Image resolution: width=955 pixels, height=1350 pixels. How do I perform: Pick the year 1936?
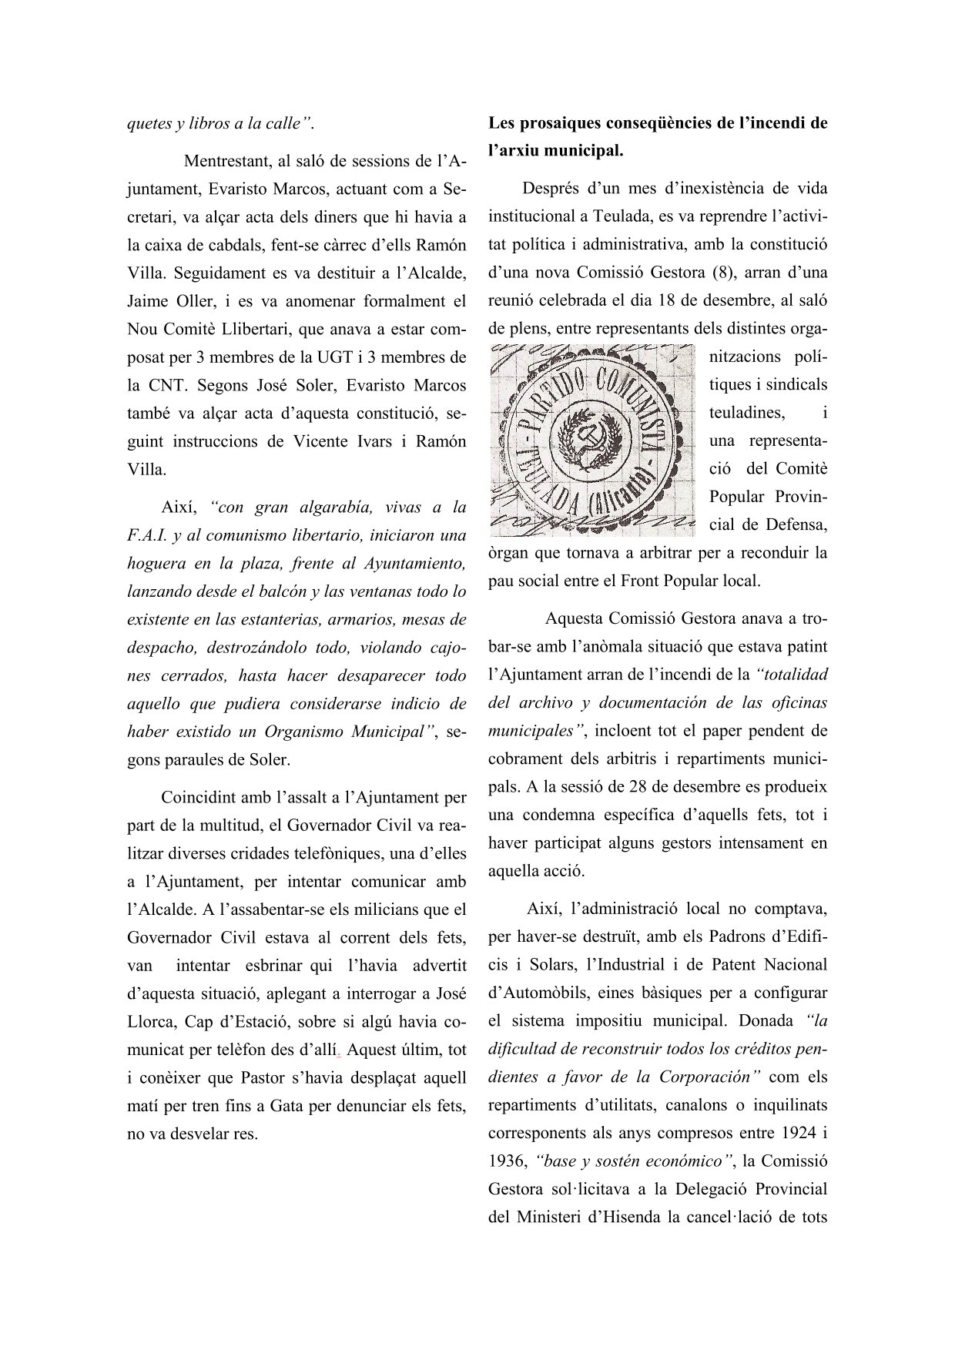506,1161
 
